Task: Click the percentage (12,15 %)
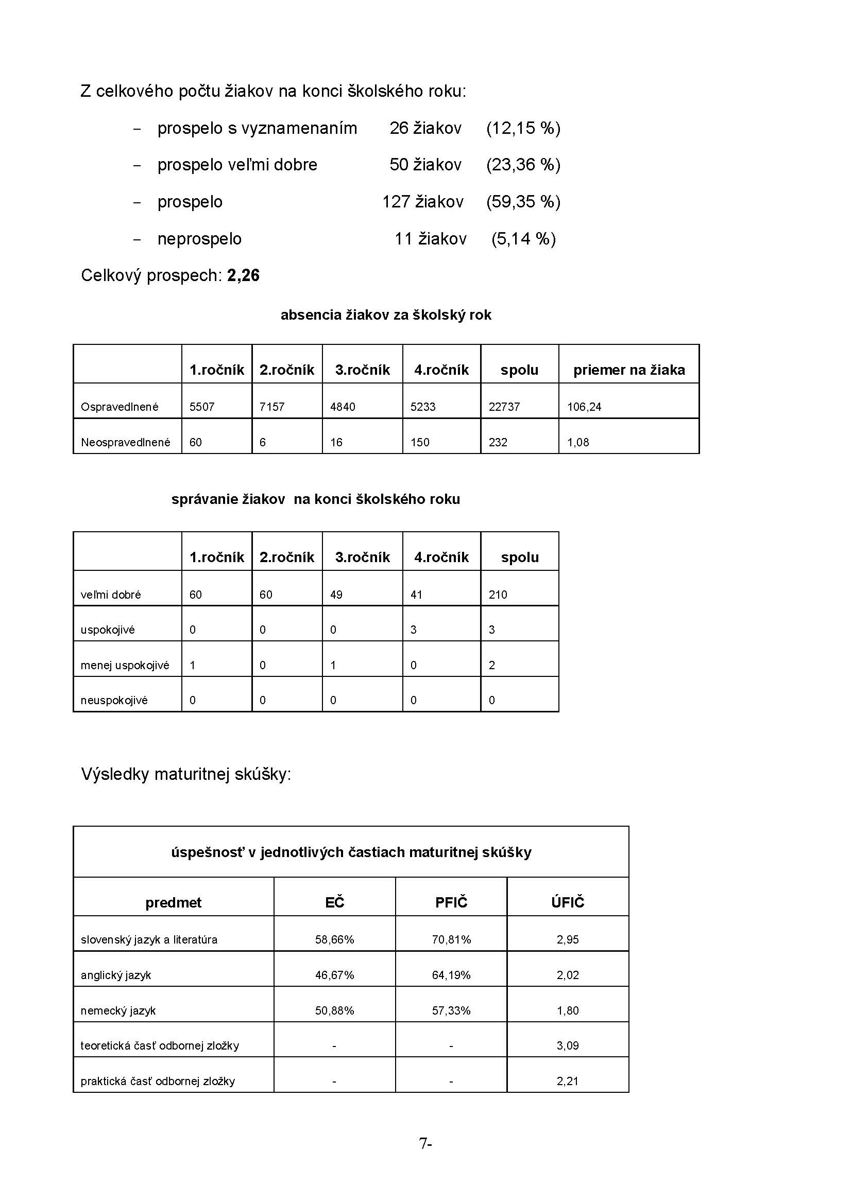click(x=523, y=129)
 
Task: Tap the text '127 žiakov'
click(x=422, y=202)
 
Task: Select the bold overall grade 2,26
click(x=244, y=276)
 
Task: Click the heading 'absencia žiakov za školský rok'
click(x=386, y=315)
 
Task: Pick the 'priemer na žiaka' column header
click(x=628, y=370)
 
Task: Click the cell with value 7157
click(x=272, y=407)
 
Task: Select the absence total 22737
click(x=504, y=407)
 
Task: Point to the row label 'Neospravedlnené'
click(x=125, y=443)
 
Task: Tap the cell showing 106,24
click(x=584, y=407)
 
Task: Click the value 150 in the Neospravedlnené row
click(x=420, y=443)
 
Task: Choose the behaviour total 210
click(x=498, y=595)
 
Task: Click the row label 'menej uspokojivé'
click(x=125, y=666)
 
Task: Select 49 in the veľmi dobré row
click(x=336, y=595)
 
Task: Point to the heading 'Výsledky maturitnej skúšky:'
click(x=186, y=775)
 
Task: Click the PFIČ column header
click(x=451, y=902)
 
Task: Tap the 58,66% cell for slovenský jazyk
click(x=334, y=940)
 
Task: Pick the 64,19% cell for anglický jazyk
click(x=451, y=975)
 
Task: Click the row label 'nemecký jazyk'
click(x=118, y=1010)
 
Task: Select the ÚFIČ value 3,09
click(x=567, y=1045)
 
